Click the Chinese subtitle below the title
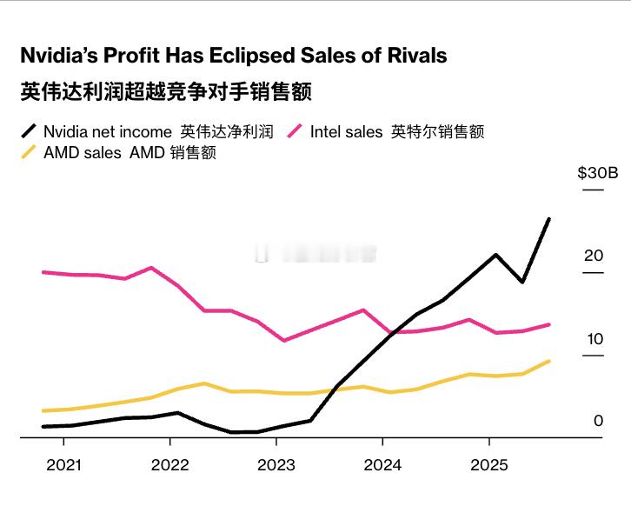pos(165,91)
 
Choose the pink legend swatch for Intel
pos(294,131)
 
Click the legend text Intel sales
pos(346,132)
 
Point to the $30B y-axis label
pos(597,173)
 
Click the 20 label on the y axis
pos(594,256)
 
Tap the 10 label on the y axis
pos(594,339)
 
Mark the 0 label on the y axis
pos(598,421)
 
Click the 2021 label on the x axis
pos(63,465)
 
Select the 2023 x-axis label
pos(276,465)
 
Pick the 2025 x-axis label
pos(488,465)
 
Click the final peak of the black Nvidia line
pos(548,219)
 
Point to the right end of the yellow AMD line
pos(549,361)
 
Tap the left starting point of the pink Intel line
pos(43,272)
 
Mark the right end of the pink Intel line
pos(549,324)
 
